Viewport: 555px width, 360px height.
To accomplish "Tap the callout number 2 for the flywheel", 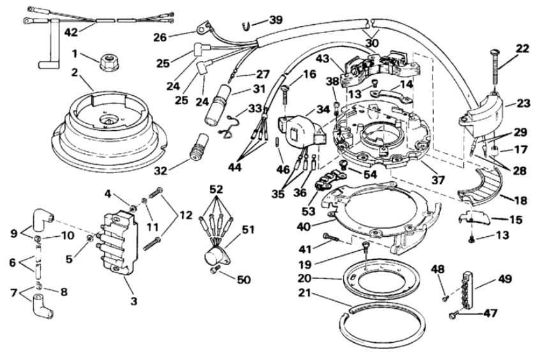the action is [x=74, y=73].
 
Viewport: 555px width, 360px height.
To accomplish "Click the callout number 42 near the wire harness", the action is [x=71, y=33].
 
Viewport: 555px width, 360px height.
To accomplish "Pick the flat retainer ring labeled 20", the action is [x=381, y=280].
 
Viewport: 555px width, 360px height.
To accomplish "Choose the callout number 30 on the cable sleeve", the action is [x=372, y=43].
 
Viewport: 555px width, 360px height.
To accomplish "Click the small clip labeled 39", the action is [x=246, y=26].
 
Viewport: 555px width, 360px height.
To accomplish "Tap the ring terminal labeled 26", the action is [x=201, y=26].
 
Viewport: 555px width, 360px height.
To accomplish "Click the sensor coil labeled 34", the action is [x=302, y=130].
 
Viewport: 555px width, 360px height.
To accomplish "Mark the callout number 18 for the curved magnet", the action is [x=521, y=200].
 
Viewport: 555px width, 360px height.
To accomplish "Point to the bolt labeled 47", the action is [x=452, y=314].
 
